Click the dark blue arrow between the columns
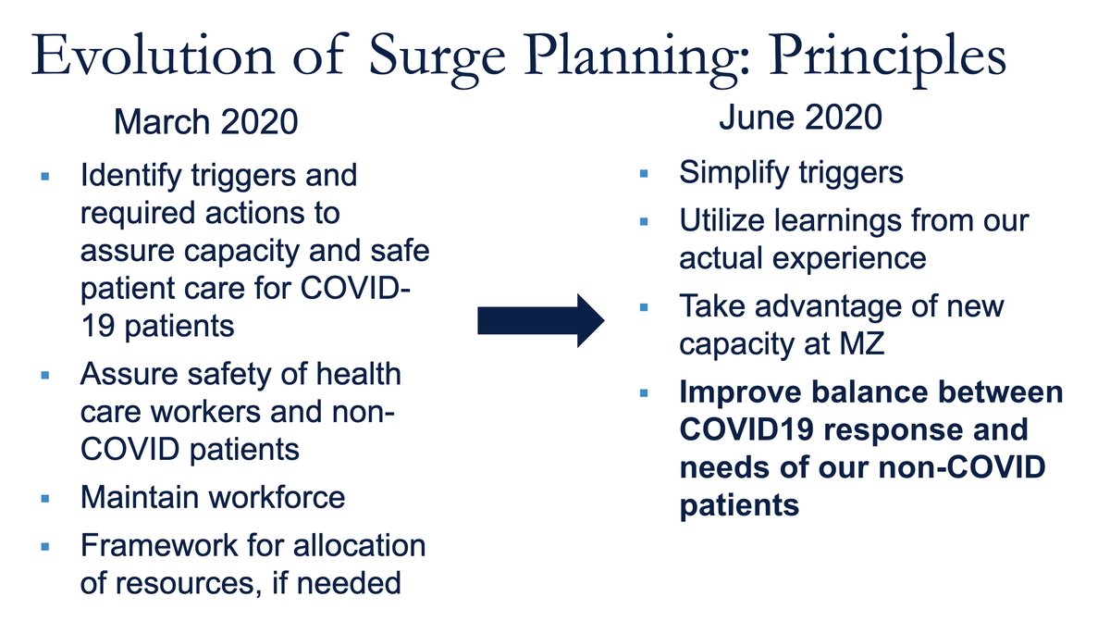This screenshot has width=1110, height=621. point(540,320)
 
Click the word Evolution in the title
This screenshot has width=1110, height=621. point(154,55)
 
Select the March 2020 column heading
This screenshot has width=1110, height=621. point(205,121)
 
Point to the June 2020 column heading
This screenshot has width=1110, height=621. point(800,118)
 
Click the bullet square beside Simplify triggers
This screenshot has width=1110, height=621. point(644,173)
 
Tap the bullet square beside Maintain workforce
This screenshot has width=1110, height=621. point(45,499)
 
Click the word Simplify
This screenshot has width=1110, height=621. point(734,173)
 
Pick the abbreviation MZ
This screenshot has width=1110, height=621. point(862,344)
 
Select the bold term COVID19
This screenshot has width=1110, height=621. point(746,429)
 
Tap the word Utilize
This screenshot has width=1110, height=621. point(721,220)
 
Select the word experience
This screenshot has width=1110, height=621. point(849,260)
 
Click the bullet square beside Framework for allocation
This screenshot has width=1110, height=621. point(45,547)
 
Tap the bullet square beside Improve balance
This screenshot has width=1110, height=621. point(644,393)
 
